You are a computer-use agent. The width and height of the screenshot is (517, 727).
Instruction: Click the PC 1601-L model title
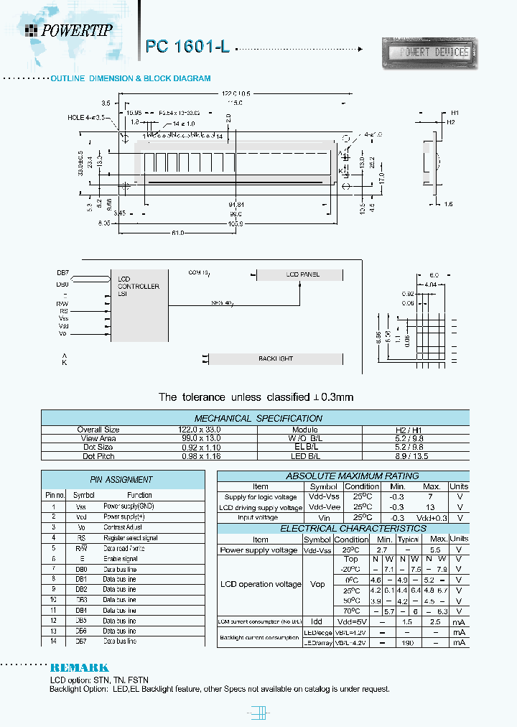pyautogui.click(x=187, y=47)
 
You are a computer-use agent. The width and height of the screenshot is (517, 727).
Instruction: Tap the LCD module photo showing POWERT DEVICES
pyautogui.click(x=429, y=52)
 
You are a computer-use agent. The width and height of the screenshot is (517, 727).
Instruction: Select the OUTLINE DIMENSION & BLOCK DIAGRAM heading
pyautogui.click(x=130, y=78)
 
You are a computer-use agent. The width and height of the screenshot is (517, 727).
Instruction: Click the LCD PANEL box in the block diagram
pyautogui.click(x=302, y=274)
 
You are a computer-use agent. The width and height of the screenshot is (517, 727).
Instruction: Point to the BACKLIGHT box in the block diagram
pyautogui.click(x=276, y=358)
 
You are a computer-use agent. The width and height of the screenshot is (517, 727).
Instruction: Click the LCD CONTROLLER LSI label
pyautogui.click(x=138, y=286)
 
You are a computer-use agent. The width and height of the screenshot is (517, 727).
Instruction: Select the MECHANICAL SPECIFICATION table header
pyautogui.click(x=258, y=418)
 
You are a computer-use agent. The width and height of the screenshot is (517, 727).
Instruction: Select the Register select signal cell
pyautogui.click(x=130, y=537)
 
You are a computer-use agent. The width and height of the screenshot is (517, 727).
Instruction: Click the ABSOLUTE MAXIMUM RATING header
pyautogui.click(x=342, y=476)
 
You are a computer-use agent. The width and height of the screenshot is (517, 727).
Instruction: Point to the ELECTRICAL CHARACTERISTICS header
pyautogui.click(x=343, y=528)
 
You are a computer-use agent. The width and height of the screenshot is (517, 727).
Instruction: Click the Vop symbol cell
pyautogui.click(x=317, y=584)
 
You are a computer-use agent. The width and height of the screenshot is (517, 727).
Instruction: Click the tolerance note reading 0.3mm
pyautogui.click(x=256, y=397)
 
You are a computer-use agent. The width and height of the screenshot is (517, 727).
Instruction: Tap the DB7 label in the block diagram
pyautogui.click(x=62, y=273)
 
